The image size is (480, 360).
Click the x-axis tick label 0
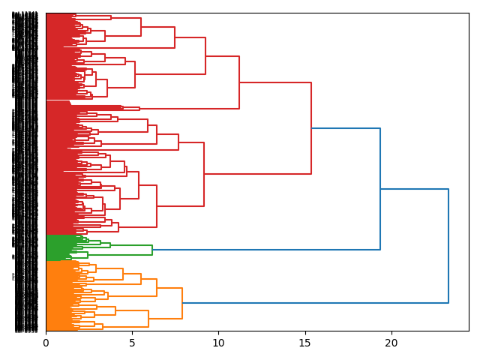click(46, 343)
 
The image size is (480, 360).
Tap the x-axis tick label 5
click(132, 343)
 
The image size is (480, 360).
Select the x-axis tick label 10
click(218, 343)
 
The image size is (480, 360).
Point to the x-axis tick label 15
click(304, 343)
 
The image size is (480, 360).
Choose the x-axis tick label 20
click(391, 343)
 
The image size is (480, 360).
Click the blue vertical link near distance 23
click(448, 246)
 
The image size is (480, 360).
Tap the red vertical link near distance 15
click(311, 128)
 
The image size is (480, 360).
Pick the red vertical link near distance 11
click(239, 82)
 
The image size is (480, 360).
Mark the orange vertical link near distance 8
click(182, 303)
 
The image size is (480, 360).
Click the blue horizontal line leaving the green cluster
click(266, 250)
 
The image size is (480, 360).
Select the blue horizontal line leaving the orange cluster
click(315, 303)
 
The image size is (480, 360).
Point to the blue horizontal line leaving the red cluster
click(346, 128)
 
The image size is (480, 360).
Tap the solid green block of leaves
click(56, 247)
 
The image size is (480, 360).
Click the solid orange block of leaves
click(56, 296)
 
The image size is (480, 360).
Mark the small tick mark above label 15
click(304, 333)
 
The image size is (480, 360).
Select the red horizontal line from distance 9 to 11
click(222, 56)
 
